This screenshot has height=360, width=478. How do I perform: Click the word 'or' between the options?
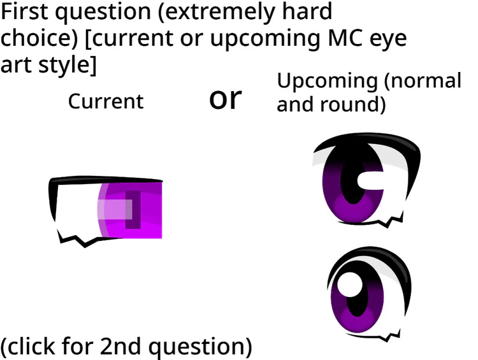(225, 99)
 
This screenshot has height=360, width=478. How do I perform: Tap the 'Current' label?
(105, 101)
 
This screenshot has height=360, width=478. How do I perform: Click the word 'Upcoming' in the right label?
(328, 82)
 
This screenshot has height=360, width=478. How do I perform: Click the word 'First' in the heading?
(25, 11)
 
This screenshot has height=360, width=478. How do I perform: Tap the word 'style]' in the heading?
(68, 65)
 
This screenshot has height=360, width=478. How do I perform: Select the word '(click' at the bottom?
(28, 347)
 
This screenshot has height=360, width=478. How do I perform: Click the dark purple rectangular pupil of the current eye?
(133, 210)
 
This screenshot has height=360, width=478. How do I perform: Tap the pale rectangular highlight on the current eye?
(115, 209)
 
